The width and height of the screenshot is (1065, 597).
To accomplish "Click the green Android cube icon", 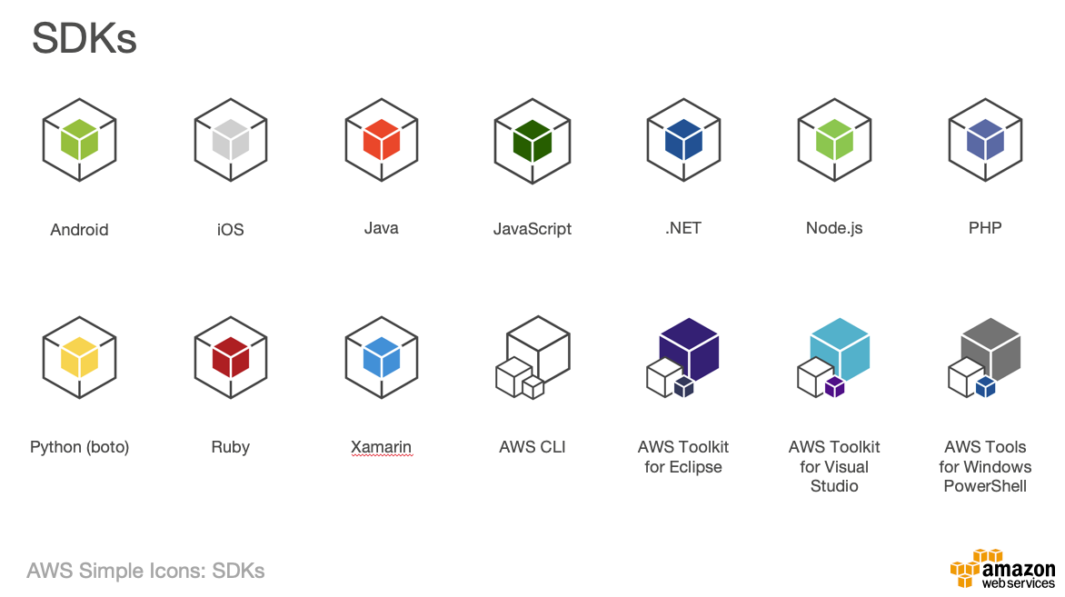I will click(80, 141).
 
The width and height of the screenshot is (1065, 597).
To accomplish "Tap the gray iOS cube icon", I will click(231, 141).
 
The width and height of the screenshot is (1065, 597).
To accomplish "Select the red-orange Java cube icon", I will click(382, 141).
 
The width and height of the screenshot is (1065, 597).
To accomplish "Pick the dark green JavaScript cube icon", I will click(532, 141).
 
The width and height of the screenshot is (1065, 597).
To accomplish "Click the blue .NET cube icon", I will click(683, 141).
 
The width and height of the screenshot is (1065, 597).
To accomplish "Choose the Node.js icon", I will click(834, 141).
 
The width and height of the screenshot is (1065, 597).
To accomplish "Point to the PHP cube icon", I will click(985, 141).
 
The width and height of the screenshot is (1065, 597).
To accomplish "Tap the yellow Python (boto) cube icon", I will click(80, 358).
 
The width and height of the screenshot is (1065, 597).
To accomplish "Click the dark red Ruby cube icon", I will click(231, 358).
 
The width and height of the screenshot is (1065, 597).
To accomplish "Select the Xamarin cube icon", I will click(382, 358).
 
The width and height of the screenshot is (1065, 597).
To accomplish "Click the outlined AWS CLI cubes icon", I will click(532, 358).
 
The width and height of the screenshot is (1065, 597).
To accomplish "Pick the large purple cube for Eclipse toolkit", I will click(689, 349).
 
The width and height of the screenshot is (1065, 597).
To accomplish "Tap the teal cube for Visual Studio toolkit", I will click(840, 349).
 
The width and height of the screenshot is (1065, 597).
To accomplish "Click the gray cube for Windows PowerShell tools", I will click(990, 349).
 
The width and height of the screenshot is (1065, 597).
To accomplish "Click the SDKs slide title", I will click(85, 39).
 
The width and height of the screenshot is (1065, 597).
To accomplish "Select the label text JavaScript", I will click(532, 229).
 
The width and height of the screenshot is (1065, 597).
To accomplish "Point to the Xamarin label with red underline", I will click(382, 447).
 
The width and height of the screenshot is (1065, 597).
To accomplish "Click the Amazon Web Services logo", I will click(1003, 570).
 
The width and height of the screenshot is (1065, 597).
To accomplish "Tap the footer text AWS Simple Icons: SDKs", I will click(146, 572).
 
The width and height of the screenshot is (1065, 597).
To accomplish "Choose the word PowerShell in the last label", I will click(985, 486).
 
